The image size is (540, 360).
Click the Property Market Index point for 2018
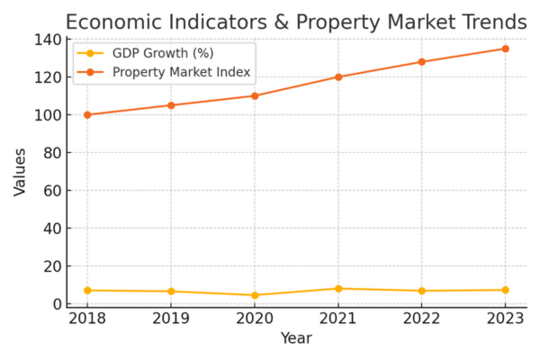click(87, 114)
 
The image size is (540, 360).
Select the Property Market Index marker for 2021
click(338, 76)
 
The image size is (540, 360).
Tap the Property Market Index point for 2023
click(505, 49)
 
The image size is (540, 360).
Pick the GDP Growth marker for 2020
click(255, 295)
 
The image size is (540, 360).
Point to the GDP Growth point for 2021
click(338, 289)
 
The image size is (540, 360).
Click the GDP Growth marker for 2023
click(505, 290)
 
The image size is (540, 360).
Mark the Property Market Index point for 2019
click(171, 105)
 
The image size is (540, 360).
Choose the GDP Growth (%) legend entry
click(163, 54)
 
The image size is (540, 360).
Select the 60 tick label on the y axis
click(49, 191)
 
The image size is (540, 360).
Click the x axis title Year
click(296, 339)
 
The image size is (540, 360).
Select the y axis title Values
click(20, 172)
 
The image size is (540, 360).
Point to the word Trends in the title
click(488, 21)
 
